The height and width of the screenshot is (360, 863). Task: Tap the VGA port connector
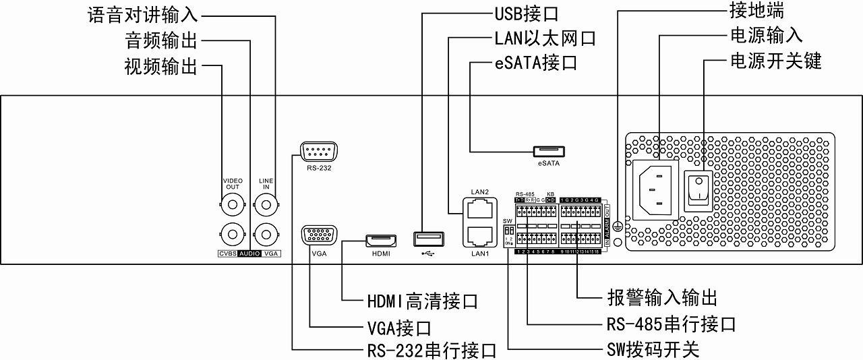coord(319,236)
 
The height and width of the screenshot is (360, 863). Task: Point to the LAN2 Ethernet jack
coord(478,209)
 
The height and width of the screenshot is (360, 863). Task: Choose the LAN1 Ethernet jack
coord(478,235)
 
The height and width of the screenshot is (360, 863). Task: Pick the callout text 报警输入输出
coord(661,298)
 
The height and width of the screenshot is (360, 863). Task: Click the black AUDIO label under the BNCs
coord(249,254)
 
